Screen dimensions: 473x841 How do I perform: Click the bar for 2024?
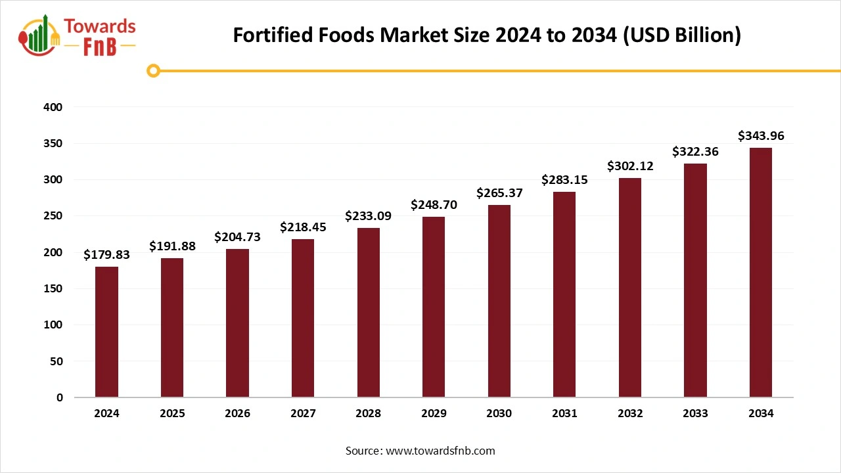[x=106, y=332]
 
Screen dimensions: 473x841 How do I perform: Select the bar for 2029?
[x=434, y=307]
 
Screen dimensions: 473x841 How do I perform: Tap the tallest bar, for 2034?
[x=761, y=273]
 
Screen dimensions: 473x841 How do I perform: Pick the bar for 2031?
[x=564, y=294]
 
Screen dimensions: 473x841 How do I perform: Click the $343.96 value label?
[x=761, y=136]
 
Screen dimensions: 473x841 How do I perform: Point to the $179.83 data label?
[x=106, y=255]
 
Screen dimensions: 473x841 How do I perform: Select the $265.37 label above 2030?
[x=499, y=193]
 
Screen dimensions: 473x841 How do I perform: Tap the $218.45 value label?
[x=303, y=227]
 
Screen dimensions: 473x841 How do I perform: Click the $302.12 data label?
[x=630, y=166]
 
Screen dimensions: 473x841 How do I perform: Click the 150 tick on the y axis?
[x=53, y=288]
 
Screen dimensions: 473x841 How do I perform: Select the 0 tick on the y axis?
[x=59, y=397]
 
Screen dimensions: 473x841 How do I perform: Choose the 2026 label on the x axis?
[x=237, y=414]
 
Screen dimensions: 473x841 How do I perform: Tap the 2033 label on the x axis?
[x=695, y=414]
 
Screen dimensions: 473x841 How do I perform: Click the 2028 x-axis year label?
[x=368, y=414]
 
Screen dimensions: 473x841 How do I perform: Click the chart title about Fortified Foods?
[x=487, y=35]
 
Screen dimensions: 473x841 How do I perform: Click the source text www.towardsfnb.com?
[x=420, y=451]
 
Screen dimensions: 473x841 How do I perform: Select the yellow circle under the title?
[x=153, y=70]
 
